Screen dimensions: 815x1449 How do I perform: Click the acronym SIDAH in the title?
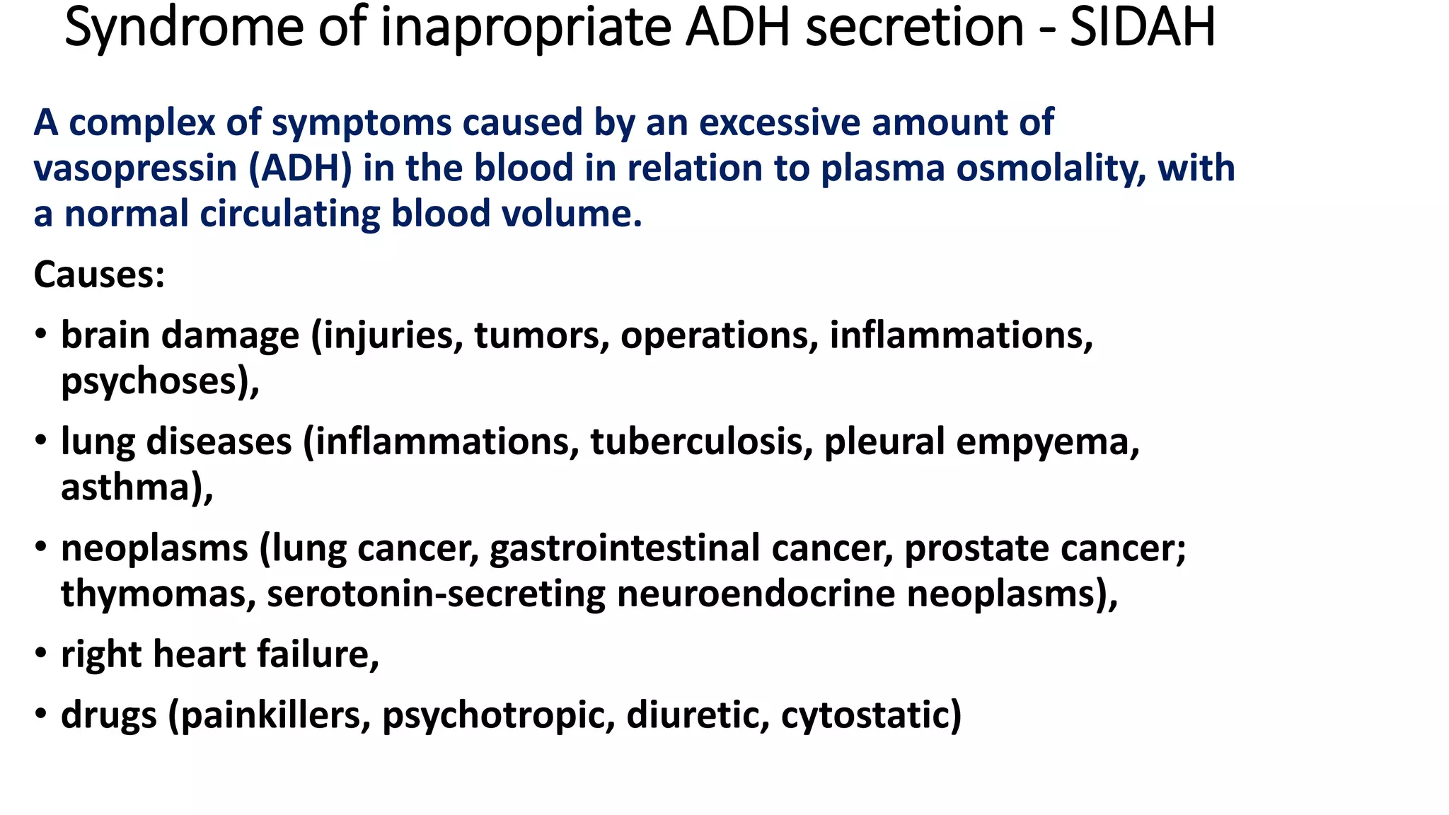1142,28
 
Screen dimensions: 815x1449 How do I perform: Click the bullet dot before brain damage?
41,333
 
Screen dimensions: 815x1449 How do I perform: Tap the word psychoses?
153,381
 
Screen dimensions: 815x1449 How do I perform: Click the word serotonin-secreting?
436,594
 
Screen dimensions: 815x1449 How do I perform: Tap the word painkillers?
276,715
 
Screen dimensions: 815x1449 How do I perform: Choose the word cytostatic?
870,715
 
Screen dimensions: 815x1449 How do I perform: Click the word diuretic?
697,715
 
